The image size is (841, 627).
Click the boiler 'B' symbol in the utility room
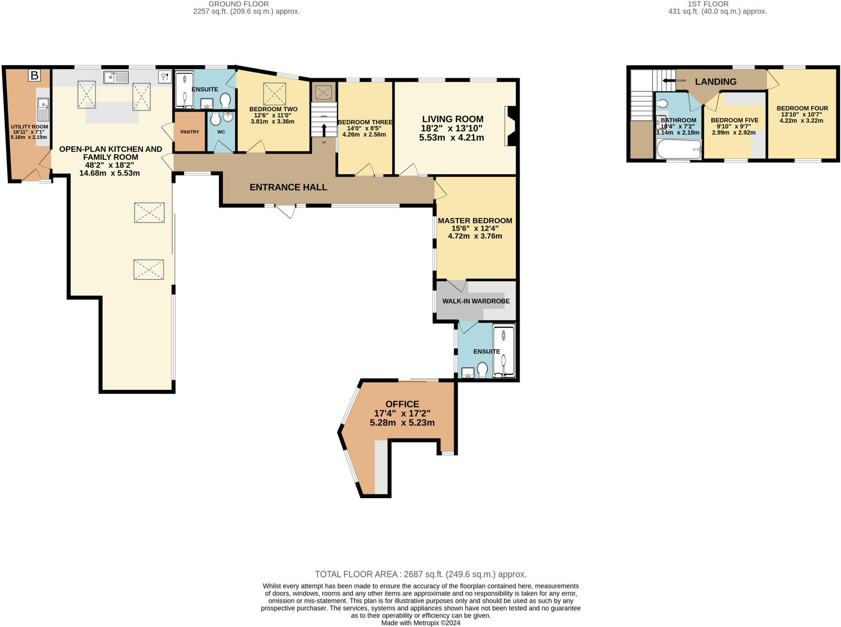click(34, 76)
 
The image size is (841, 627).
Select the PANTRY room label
click(190, 132)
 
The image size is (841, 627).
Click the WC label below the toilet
click(221, 132)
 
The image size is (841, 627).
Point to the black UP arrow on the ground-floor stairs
click(324, 130)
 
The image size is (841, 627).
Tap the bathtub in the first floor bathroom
click(679, 149)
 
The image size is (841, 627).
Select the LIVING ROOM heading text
click(453, 119)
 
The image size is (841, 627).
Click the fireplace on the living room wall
click(511, 126)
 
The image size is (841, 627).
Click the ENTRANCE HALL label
click(288, 187)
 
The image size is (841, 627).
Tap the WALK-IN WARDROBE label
click(476, 301)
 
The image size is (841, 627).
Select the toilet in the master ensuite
click(482, 369)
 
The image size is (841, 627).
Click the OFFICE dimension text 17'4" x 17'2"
click(402, 413)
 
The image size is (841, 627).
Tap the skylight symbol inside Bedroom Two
click(274, 94)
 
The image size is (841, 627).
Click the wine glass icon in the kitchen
click(164, 77)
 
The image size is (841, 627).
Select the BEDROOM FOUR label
click(802, 108)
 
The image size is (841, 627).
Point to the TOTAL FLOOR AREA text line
click(420, 574)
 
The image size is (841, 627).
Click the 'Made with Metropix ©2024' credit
click(420, 623)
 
